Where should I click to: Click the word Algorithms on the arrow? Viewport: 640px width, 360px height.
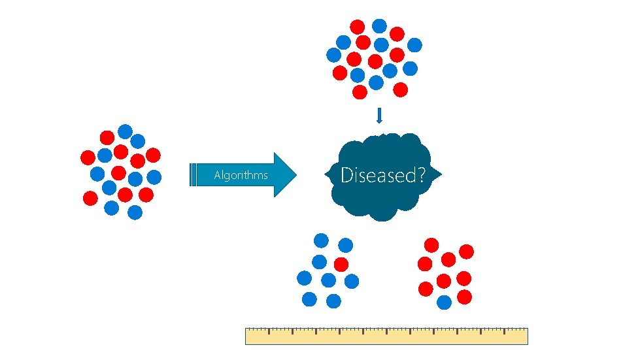coord(241,175)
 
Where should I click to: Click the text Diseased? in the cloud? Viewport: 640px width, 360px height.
coord(383,175)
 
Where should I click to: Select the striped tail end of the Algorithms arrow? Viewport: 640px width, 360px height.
coord(194,175)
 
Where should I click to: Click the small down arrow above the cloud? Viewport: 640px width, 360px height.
coord(379,116)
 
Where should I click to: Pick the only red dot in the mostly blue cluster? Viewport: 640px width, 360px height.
coord(341,264)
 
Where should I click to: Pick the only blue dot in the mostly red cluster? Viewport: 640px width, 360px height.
coord(445,302)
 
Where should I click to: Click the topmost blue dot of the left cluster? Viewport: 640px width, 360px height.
coord(125,131)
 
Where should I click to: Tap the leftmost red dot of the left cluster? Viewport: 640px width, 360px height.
coord(87,157)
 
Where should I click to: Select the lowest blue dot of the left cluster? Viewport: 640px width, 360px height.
coord(135,212)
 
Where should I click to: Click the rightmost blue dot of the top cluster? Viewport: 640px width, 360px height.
coord(414,44)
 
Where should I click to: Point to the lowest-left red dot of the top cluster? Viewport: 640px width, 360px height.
coord(360,92)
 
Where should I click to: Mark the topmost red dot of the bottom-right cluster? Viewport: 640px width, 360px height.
coord(432,245)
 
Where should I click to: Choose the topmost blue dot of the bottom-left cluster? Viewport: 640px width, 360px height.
coord(322,240)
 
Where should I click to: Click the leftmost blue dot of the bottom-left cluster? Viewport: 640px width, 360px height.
coord(304,278)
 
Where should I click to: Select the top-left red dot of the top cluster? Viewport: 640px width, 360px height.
coord(358,27)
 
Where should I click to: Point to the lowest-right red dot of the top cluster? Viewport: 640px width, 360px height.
coord(401,88)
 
